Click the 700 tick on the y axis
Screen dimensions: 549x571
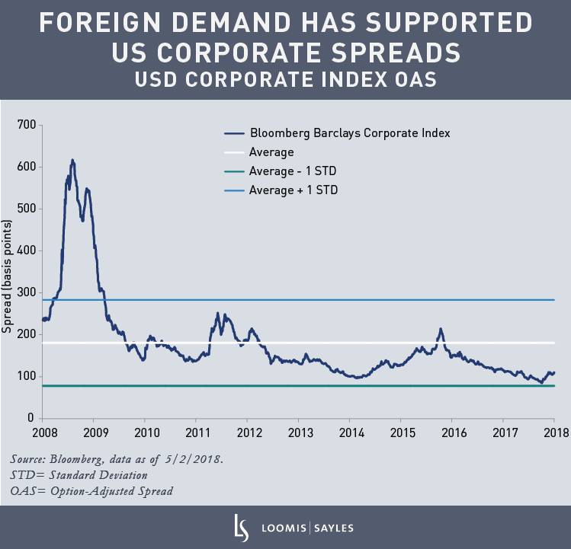coord(26,124)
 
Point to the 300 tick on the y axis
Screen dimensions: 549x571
coord(26,292)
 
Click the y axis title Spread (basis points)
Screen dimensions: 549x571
coord(8,277)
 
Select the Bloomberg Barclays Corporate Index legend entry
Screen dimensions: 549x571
coord(349,132)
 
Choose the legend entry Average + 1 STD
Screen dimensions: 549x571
coord(294,190)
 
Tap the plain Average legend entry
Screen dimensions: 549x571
coord(271,152)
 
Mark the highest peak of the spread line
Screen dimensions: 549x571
coord(72,161)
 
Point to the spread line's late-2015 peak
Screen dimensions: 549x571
coord(440,329)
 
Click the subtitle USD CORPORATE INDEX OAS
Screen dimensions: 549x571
coord(285,79)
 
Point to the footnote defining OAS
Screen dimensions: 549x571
coord(91,491)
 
